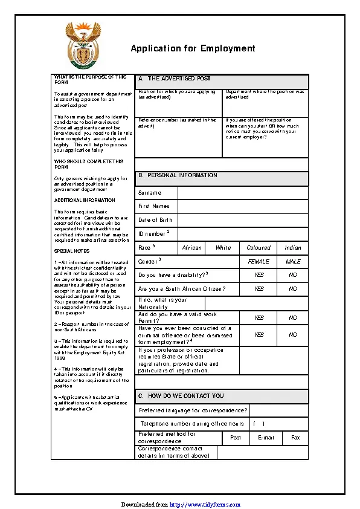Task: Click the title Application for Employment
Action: pos(193,49)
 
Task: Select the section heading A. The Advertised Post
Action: pos(175,79)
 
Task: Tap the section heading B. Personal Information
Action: pos(178,175)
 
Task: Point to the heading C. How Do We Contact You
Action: pos(181,396)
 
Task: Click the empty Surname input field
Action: pos(243,193)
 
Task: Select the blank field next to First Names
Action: pos(243,206)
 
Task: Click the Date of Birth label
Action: pos(155,220)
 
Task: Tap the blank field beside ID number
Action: pos(243,234)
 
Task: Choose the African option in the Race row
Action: pos(192,248)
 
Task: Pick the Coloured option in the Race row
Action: pos(259,248)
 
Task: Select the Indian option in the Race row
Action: pos(293,248)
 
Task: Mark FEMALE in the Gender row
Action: pos(259,262)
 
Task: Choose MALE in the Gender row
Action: pos(293,262)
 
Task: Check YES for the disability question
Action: pos(259,275)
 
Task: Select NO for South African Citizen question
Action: pos(293,289)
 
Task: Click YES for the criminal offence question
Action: pos(259,334)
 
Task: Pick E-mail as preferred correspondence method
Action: pos(266,437)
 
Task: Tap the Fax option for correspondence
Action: pos(295,437)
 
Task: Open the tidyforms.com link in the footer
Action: pos(205,504)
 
